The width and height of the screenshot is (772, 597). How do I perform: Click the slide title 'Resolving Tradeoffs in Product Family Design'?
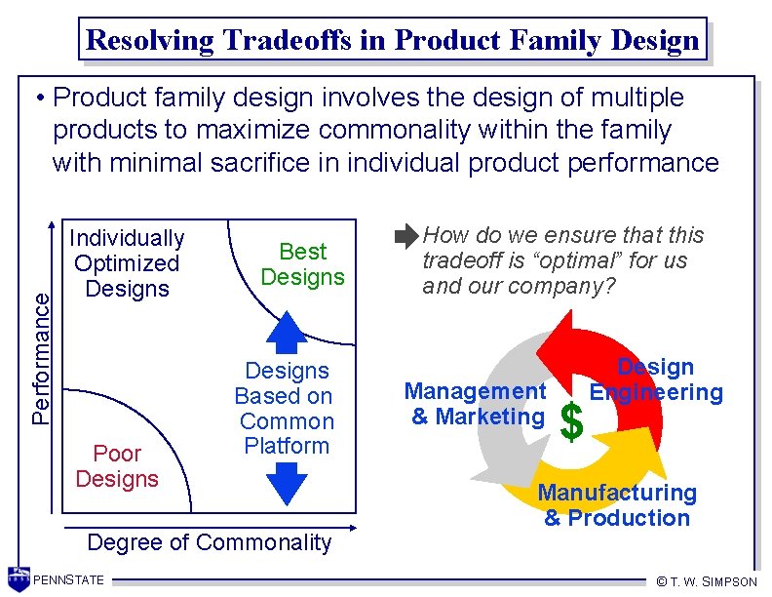click(x=392, y=40)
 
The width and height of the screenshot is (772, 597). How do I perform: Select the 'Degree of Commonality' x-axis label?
click(x=209, y=542)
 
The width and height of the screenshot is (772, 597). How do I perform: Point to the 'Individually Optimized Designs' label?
click(x=127, y=263)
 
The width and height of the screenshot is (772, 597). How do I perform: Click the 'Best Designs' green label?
click(x=302, y=264)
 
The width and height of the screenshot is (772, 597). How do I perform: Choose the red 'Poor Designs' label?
click(x=116, y=466)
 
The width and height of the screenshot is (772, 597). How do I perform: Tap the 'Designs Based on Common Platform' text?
click(x=287, y=409)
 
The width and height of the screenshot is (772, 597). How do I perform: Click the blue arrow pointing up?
click(x=287, y=331)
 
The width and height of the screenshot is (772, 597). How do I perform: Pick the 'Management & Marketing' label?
click(x=476, y=404)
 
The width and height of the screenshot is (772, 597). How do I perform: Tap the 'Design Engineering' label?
click(x=657, y=380)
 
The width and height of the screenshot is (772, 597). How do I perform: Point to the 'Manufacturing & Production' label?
click(x=617, y=505)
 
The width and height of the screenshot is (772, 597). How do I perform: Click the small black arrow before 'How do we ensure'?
click(x=405, y=237)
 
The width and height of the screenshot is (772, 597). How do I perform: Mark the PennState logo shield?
click(x=18, y=579)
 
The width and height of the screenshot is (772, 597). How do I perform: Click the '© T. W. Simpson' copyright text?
click(x=706, y=581)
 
